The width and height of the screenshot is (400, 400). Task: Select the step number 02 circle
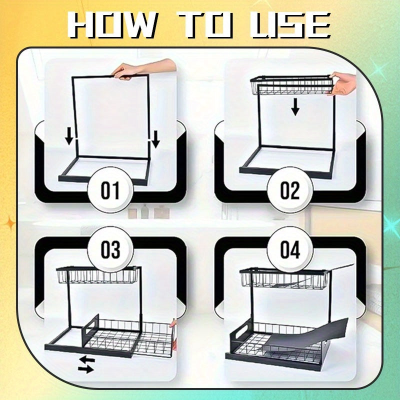289,190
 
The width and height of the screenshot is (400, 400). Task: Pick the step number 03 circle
110,249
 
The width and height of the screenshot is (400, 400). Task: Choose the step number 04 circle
289,249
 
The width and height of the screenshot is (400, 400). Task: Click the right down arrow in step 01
155,138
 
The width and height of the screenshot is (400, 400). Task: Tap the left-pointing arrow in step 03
86,359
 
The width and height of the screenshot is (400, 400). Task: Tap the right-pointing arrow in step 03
85,369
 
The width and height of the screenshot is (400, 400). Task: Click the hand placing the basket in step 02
343,84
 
